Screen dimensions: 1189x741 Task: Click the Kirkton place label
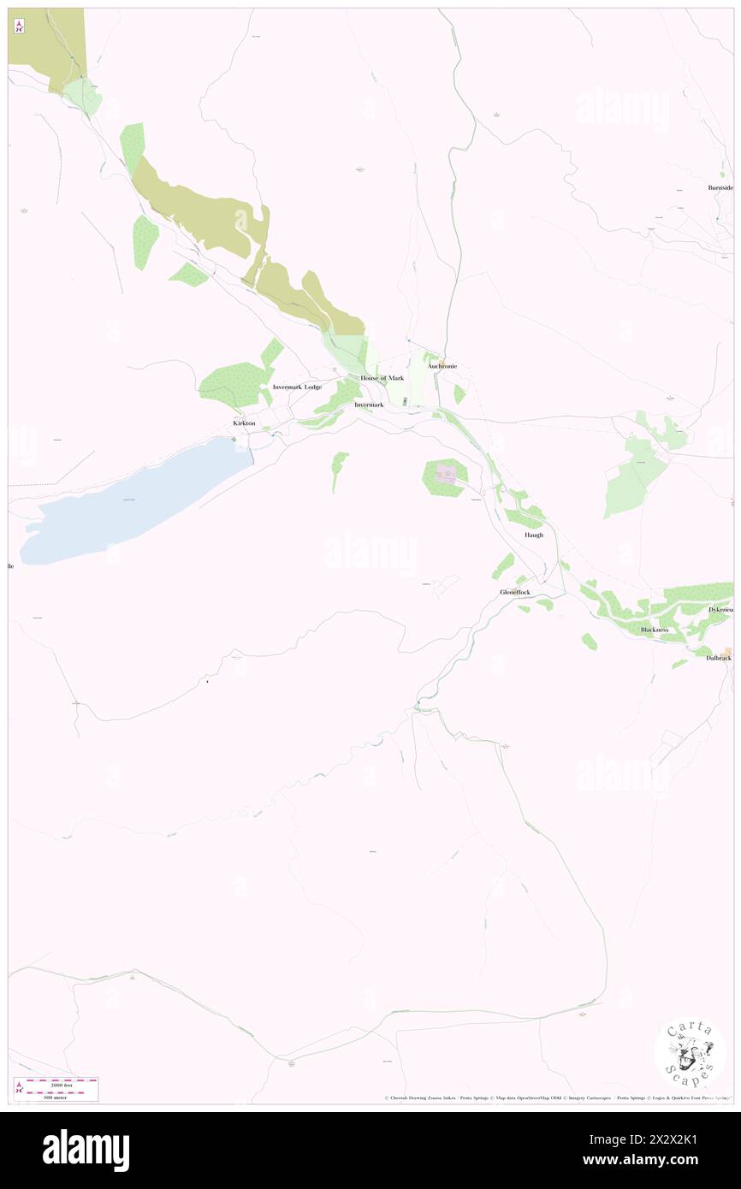pyautogui.click(x=244, y=423)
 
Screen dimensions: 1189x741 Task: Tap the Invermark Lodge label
pyautogui.click(x=297, y=387)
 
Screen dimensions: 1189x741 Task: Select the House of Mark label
pyautogui.click(x=382, y=378)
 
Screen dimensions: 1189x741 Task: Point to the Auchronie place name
pyautogui.click(x=442, y=366)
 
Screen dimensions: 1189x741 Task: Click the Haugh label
pyautogui.click(x=534, y=535)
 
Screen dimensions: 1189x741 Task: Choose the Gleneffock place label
pyautogui.click(x=516, y=592)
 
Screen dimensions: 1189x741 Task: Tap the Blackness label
pyautogui.click(x=655, y=630)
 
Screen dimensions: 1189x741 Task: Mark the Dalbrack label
pyautogui.click(x=719, y=657)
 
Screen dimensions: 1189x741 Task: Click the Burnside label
pyautogui.click(x=720, y=187)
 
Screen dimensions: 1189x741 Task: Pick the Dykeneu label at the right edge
pyautogui.click(x=720, y=609)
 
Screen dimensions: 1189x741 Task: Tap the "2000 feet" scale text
pyautogui.click(x=61, y=1085)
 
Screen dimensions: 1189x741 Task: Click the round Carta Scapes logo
pyautogui.click(x=690, y=1055)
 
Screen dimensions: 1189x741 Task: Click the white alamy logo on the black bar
pyautogui.click(x=86, y=1151)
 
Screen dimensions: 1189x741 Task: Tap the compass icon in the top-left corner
pyautogui.click(x=19, y=26)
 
